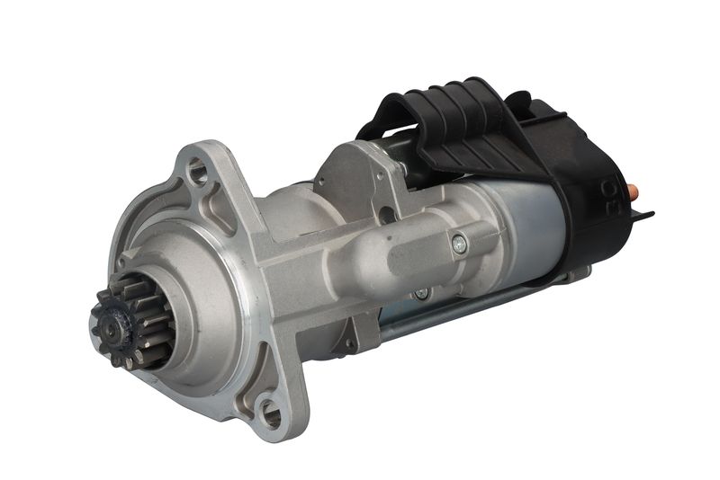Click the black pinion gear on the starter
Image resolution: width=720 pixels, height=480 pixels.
[126, 321]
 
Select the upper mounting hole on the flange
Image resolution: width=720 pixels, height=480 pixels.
[197, 166]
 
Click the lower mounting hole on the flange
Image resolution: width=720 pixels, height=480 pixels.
[270, 414]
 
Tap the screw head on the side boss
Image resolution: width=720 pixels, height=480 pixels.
[459, 241]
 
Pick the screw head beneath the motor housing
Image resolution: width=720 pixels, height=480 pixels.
[419, 293]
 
